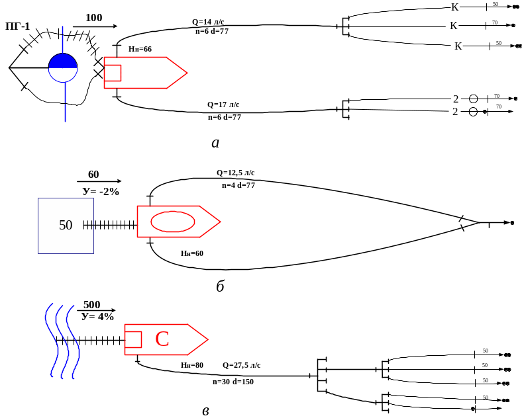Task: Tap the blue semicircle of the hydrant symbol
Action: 63,61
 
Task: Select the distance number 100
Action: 94,18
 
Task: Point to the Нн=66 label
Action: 140,49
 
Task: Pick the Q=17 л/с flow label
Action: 223,105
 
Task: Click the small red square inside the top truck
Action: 113,73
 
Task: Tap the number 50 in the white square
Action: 66,225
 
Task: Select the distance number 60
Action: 93,175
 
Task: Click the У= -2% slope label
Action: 100,191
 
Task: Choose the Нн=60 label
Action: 192,253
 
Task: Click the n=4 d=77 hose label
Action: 238,185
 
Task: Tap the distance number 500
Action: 91,304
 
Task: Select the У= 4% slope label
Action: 97,317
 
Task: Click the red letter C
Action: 162,340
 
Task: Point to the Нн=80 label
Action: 192,365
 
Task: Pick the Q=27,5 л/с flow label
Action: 241,365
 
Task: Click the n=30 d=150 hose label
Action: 233,382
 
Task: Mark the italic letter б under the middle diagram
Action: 220,287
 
